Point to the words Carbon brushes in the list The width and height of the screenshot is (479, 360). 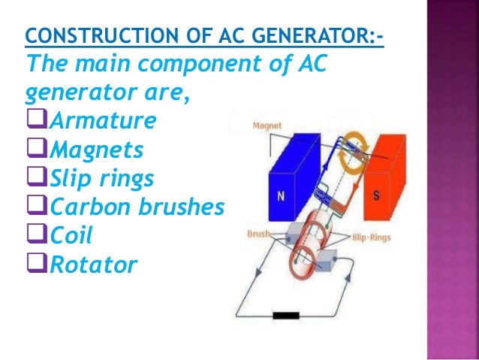[x=137, y=207]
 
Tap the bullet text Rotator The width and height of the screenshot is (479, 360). [x=94, y=264]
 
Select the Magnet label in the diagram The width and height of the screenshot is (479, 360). [x=267, y=126]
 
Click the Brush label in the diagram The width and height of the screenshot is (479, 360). [x=259, y=234]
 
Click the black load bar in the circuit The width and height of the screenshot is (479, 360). [x=287, y=316]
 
